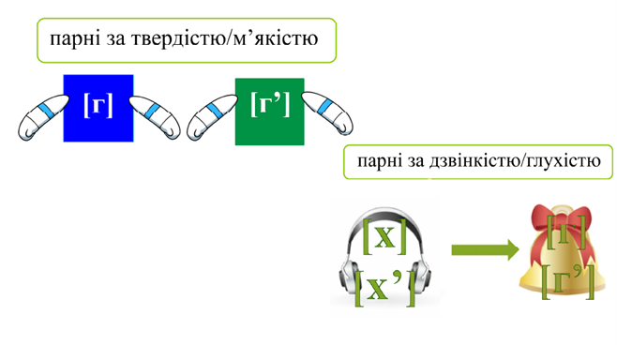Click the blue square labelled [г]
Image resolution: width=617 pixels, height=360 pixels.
98,108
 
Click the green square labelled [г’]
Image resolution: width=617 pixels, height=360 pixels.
269,111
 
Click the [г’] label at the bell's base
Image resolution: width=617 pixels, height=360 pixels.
567,281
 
